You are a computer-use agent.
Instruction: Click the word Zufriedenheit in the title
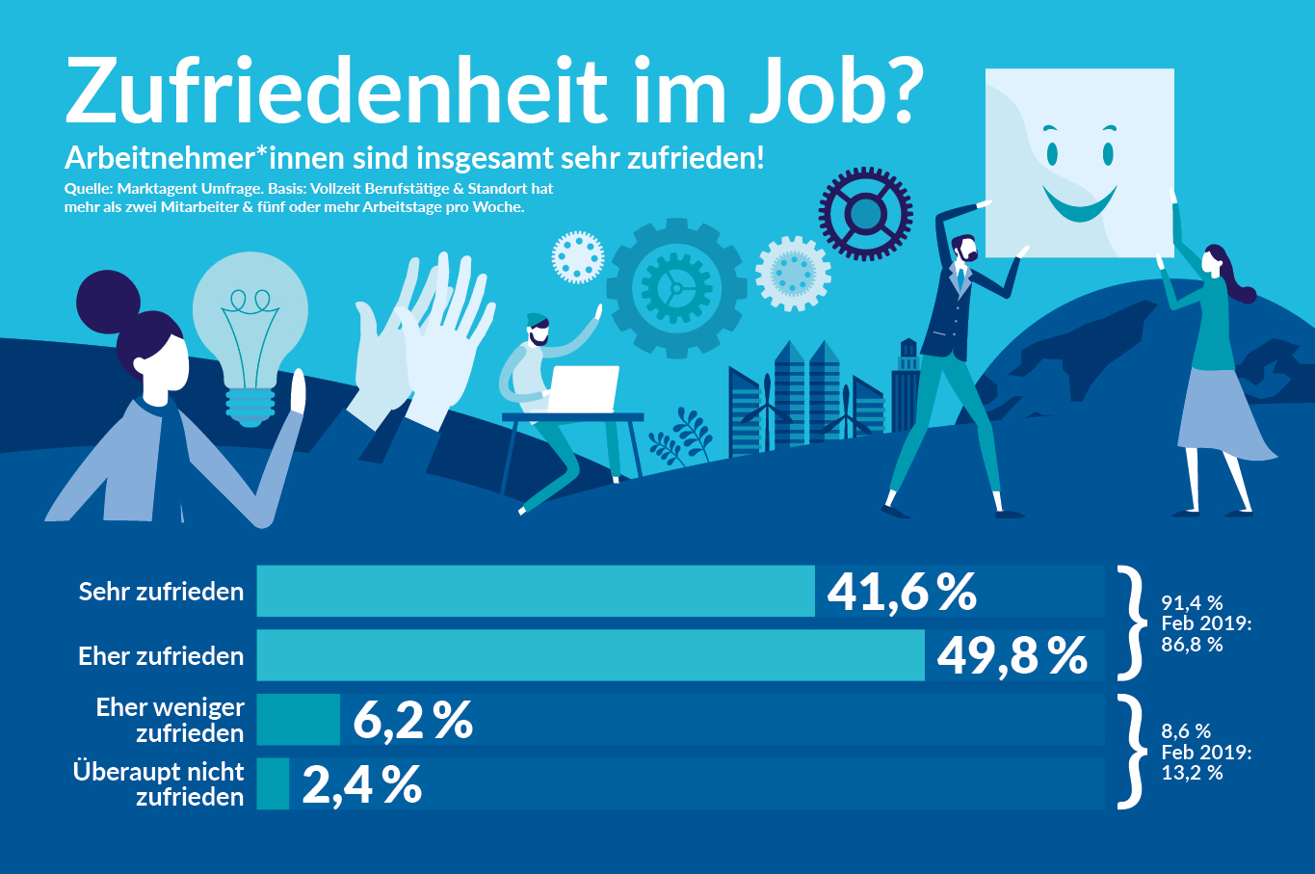pyautogui.click(x=336, y=92)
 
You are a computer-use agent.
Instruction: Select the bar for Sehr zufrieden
pyautogui.click(x=536, y=591)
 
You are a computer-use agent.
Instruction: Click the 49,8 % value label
pyautogui.click(x=1012, y=655)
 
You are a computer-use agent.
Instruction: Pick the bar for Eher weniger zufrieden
pyautogui.click(x=299, y=720)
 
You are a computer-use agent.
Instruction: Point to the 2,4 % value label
pyautogui.click(x=362, y=784)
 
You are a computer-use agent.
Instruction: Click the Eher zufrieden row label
pyautogui.click(x=161, y=656)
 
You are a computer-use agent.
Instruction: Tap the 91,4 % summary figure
pyautogui.click(x=1192, y=603)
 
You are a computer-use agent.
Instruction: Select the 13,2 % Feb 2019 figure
pyautogui.click(x=1192, y=773)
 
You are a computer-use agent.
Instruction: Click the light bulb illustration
pyautogui.click(x=250, y=328)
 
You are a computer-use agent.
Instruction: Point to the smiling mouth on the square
pyautogui.click(x=1080, y=202)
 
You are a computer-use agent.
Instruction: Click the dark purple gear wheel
pyautogui.click(x=865, y=214)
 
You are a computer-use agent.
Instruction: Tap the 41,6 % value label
pyautogui.click(x=902, y=591)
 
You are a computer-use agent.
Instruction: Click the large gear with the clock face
pyautogui.click(x=676, y=288)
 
